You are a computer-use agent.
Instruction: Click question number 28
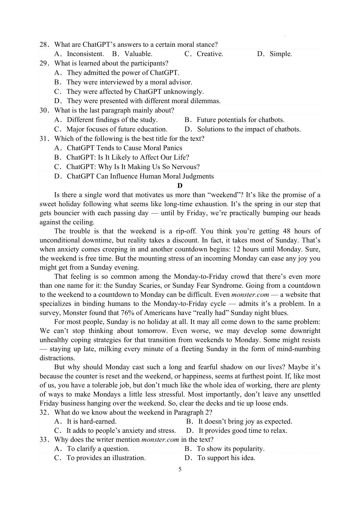[x=44, y=45]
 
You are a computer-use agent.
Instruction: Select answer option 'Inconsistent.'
[x=85, y=54]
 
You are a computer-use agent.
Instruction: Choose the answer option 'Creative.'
[x=210, y=54]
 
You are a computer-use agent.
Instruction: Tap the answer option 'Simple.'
[x=280, y=54]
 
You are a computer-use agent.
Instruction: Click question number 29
[x=44, y=63]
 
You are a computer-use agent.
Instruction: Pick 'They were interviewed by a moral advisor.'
[x=129, y=82]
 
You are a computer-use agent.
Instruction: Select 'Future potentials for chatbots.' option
[x=240, y=120]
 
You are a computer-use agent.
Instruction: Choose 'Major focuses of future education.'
[x=117, y=129]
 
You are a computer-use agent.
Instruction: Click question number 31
[x=44, y=138]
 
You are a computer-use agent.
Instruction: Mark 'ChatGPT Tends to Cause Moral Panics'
[x=124, y=148]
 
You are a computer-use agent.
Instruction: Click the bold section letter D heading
[x=180, y=186]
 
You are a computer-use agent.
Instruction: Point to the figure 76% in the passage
[x=127, y=313]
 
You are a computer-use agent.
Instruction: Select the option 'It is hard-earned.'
[x=91, y=421]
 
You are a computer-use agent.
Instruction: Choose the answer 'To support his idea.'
[x=226, y=458]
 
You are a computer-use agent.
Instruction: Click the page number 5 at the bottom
[x=180, y=469]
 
